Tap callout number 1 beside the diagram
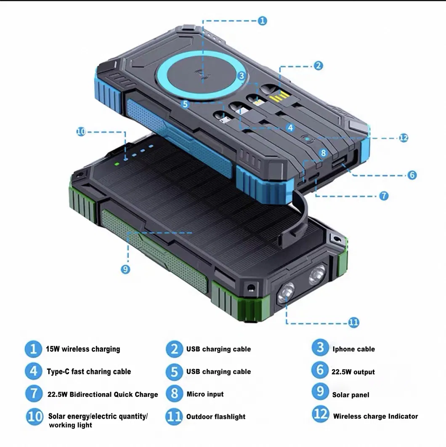pos(262,21)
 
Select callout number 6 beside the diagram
pos(412,175)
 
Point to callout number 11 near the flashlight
pos(353,323)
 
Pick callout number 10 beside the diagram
pos(81,132)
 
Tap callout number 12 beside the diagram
pos(404,138)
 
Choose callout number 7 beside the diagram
pos(383,196)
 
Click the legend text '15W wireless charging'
pos(83,349)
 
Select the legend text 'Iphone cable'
pos(353,349)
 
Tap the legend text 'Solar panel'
pos(350,395)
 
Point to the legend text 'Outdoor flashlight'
pos(216,417)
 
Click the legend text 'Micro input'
pos(205,394)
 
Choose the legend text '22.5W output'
pos(353,372)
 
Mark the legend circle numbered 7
pos(34,394)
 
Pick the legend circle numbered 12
pos(320,415)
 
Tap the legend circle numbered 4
pos(34,371)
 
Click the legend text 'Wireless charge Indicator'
pos(375,416)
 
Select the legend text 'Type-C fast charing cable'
pos(89,372)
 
